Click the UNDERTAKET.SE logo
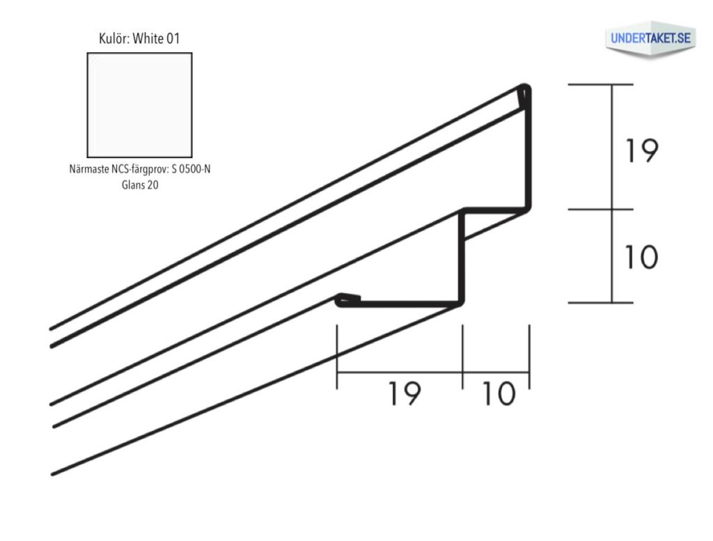(650, 39)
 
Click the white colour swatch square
(139, 105)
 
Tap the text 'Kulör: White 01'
(139, 39)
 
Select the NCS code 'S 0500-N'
(191, 169)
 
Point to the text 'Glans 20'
(140, 185)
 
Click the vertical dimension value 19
(641, 150)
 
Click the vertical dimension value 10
(641, 257)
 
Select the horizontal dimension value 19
(405, 393)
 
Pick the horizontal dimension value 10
(499, 393)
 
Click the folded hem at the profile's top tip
(525, 96)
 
